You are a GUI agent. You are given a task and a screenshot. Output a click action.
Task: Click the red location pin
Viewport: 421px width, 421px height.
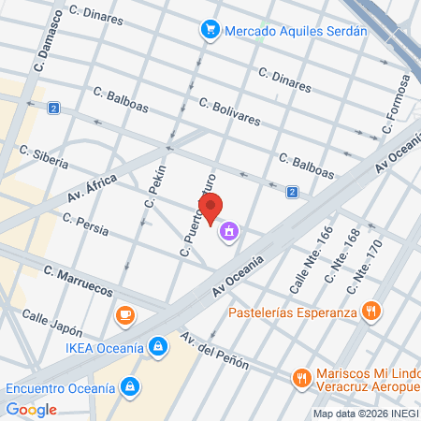tap(210, 207)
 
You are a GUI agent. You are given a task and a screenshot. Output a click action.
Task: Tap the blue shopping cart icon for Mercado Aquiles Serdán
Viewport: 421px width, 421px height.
tap(210, 30)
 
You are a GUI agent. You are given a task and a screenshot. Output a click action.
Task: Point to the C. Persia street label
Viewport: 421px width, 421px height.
tap(85, 224)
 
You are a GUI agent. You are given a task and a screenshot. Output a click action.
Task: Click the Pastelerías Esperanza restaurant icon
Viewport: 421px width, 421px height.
tap(372, 312)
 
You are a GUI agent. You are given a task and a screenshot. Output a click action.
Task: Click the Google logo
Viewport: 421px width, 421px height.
tap(31, 409)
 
